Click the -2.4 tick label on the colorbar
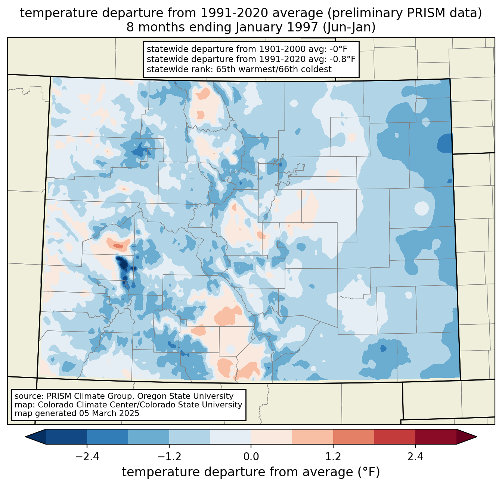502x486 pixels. pyautogui.click(x=87, y=457)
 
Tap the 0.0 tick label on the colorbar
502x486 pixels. pyautogui.click(x=251, y=457)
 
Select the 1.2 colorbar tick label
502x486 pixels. pyautogui.click(x=333, y=457)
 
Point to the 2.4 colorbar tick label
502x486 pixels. pyautogui.click(x=415, y=457)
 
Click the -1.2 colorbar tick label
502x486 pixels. pyautogui.click(x=169, y=457)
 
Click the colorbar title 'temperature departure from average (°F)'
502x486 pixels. pyautogui.click(x=251, y=472)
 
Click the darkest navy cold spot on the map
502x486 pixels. pyautogui.click(x=123, y=264)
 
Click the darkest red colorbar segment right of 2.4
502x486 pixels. pyautogui.click(x=436, y=437)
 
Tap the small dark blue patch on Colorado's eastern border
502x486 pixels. pyautogui.click(x=444, y=143)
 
